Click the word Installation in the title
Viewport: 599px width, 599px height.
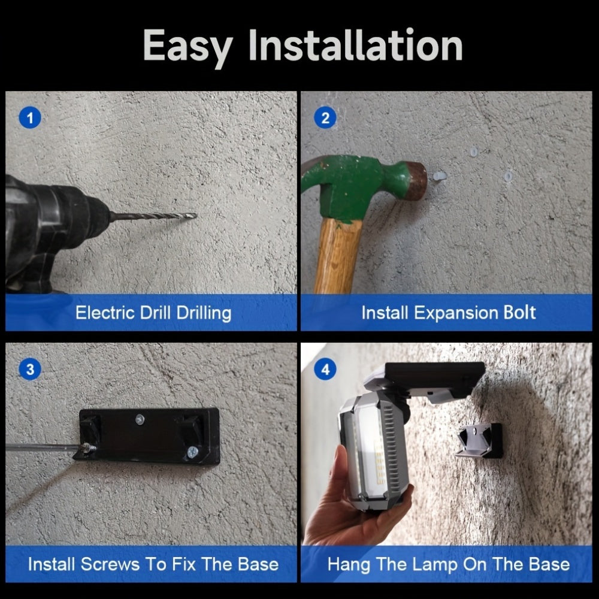point(355,45)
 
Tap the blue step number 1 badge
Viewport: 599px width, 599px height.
point(30,117)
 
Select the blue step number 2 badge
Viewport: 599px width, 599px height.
point(325,117)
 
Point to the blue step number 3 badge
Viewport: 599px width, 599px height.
point(30,370)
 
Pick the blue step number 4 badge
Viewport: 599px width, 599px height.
point(325,370)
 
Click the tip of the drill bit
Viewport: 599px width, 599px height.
point(196,216)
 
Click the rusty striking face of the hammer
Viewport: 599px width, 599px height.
point(418,180)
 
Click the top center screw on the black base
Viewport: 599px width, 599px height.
point(140,420)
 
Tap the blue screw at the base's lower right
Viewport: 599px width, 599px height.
point(192,452)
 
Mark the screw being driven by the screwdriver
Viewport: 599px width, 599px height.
point(88,447)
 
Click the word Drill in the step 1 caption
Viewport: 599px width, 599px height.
point(156,313)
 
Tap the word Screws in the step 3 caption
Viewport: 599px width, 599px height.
point(110,564)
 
